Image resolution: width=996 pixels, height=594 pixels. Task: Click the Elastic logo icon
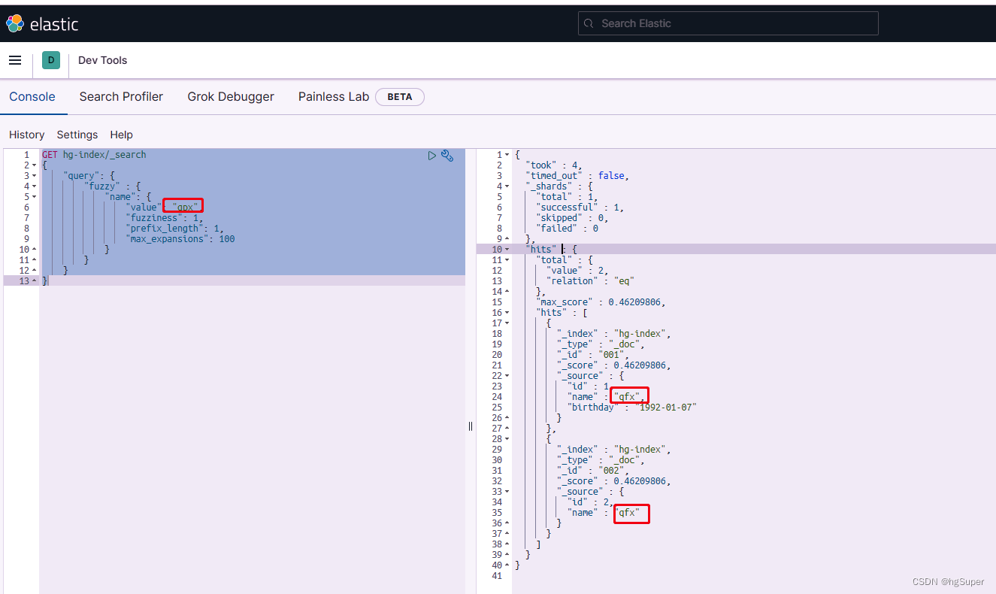pos(14,24)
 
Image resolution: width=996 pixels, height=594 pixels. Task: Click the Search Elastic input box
pos(728,23)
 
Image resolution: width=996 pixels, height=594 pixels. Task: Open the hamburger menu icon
pos(15,60)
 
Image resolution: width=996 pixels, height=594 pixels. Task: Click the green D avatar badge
pos(51,60)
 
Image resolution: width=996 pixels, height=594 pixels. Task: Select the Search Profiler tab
pos(121,96)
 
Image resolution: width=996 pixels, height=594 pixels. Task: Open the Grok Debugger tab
pos(231,96)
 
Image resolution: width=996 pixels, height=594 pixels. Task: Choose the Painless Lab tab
pos(333,96)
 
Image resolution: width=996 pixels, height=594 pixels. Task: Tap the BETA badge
pos(400,97)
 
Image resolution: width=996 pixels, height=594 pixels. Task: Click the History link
pos(27,135)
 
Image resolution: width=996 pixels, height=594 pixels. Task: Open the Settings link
pos(77,135)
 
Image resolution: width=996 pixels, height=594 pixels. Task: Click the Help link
pos(121,135)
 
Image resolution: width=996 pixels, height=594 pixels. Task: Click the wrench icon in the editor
pos(447,156)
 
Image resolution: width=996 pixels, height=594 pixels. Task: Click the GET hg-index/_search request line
pos(94,155)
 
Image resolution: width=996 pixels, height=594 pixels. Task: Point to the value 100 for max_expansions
pos(227,239)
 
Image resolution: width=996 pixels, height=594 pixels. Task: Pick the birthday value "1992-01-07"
pos(666,408)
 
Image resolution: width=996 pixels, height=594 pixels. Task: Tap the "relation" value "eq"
pos(620,281)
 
